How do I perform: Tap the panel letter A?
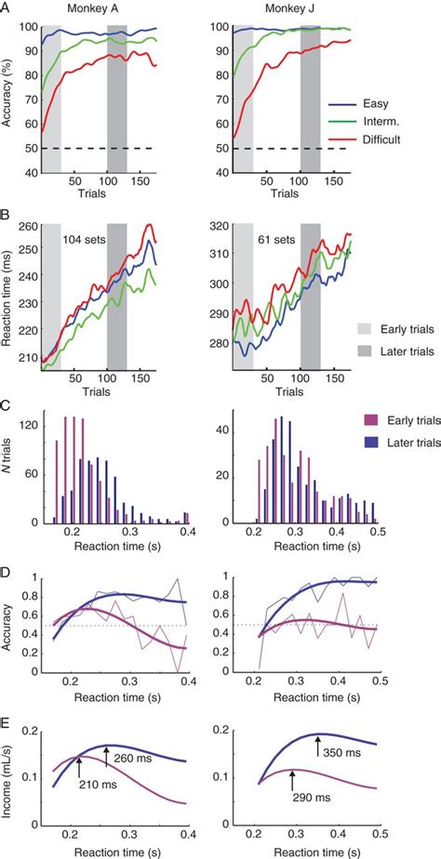7,8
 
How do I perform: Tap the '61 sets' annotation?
278,240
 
